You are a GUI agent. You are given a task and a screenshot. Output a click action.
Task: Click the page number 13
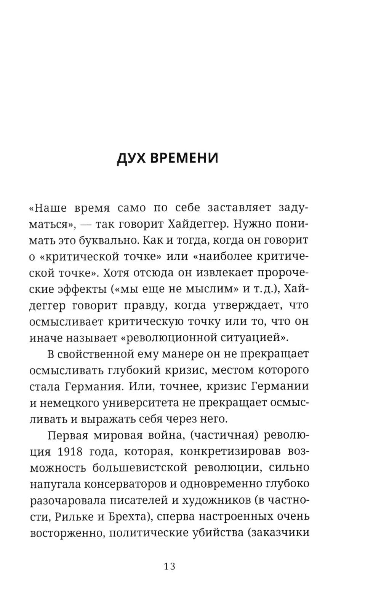pos(170,566)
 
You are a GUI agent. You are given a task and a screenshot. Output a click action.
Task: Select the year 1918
pos(71,451)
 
